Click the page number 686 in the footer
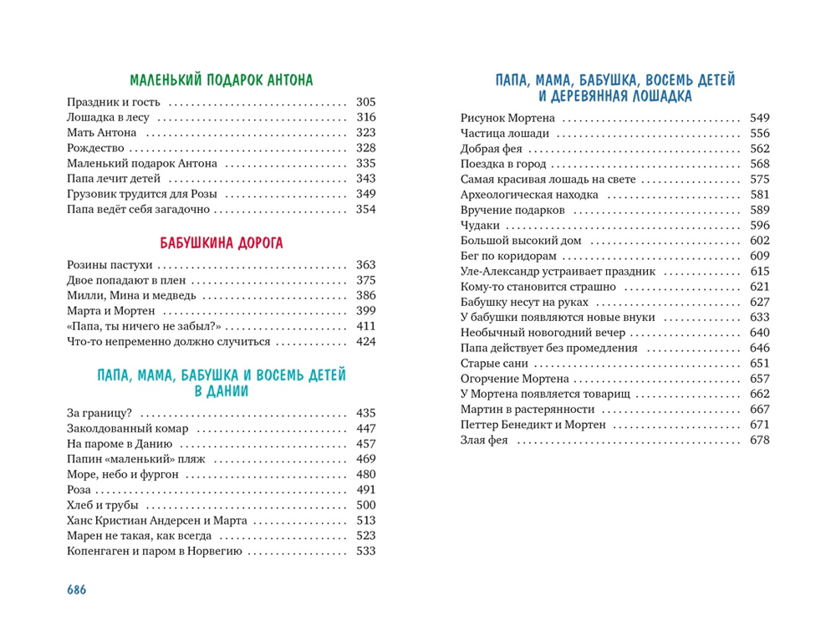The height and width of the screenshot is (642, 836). click(x=77, y=588)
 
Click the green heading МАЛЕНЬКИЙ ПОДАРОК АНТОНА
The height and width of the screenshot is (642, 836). click(x=222, y=81)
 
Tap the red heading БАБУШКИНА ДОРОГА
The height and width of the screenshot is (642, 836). click(x=222, y=243)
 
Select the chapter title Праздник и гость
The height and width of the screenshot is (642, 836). click(x=114, y=103)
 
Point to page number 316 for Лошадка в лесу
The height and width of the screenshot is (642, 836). click(x=366, y=118)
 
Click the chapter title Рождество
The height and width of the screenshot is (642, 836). click(x=95, y=148)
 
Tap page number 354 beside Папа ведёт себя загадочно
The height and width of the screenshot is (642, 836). click(x=366, y=209)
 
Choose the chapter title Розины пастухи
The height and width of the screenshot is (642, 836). click(x=110, y=265)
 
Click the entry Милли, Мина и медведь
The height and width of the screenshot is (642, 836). click(x=132, y=295)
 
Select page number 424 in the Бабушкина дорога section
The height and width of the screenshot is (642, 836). click(x=366, y=341)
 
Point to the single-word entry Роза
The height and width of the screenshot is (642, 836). click(x=79, y=490)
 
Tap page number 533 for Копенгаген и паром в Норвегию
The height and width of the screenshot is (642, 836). click(x=366, y=551)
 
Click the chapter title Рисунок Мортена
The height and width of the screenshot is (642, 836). click(x=507, y=119)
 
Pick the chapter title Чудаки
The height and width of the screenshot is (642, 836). click(x=481, y=226)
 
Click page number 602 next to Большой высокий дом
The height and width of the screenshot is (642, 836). click(x=760, y=241)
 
